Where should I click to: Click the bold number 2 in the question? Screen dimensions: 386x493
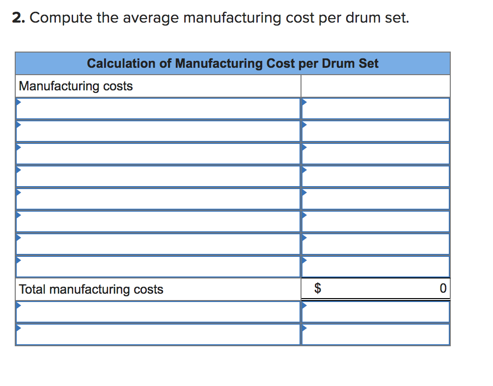coord(18,19)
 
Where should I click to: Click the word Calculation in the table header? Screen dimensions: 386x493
coord(129,63)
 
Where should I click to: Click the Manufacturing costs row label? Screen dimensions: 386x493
coord(76,86)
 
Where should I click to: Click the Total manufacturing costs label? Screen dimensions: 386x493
coord(91,289)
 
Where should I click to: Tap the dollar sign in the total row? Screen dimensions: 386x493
coord(318,289)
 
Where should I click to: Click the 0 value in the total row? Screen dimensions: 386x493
coord(443,289)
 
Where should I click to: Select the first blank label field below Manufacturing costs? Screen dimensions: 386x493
coord(158,109)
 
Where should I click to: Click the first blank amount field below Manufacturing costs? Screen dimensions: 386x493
coord(376,109)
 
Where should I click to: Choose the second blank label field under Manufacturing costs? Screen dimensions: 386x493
coord(158,131)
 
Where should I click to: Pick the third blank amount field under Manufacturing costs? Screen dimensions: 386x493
coord(376,154)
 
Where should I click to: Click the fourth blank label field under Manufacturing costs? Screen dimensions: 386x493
coord(158,176)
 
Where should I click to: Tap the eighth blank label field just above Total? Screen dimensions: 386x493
coord(158,267)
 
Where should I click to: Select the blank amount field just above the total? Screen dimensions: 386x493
coord(376,267)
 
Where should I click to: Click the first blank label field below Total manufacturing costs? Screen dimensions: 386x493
coord(158,312)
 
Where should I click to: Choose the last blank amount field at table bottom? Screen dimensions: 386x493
coord(376,334)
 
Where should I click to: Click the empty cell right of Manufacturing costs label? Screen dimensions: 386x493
coord(376,86)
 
